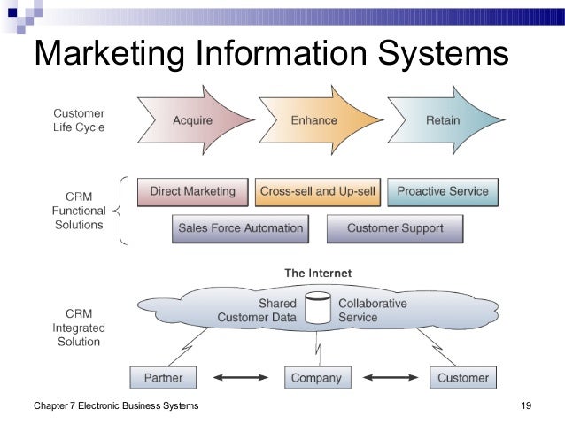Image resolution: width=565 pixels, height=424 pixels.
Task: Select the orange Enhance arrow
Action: click(314, 120)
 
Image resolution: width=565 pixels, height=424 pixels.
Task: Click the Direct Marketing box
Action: click(192, 191)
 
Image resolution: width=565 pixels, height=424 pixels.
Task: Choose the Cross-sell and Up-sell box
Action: click(316, 191)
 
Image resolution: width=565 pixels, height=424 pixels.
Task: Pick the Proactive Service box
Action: click(442, 191)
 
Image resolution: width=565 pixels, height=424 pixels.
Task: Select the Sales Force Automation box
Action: click(240, 228)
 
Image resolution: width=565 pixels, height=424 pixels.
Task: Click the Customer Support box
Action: click(395, 228)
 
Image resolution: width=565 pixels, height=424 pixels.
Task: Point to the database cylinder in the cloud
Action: click(317, 309)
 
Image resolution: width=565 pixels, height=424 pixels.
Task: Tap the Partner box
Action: click(162, 378)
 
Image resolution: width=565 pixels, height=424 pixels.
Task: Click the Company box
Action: click(316, 378)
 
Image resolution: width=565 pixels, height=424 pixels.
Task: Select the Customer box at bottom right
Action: click(462, 378)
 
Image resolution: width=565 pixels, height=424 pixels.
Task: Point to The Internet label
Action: click(317, 273)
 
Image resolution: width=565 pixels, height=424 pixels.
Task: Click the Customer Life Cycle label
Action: click(79, 120)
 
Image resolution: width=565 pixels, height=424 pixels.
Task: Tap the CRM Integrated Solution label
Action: click(79, 328)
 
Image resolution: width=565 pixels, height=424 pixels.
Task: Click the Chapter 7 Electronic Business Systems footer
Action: click(115, 406)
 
